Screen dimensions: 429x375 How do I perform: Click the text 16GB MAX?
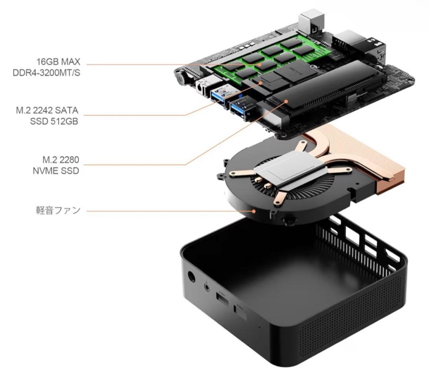tap(58, 62)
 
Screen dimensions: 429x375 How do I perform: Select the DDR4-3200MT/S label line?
tap(46, 73)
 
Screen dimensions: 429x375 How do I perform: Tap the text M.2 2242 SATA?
tap(47, 110)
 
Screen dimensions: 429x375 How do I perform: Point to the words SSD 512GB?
tap(54, 121)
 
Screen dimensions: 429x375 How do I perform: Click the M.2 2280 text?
tap(61, 159)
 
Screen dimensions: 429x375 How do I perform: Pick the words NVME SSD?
tap(56, 171)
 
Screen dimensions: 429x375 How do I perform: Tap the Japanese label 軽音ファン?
tap(58, 210)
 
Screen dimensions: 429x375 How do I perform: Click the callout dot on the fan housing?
tap(254, 211)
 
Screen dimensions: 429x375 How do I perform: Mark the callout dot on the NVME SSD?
tap(286, 101)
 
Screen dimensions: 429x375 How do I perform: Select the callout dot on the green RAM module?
tap(260, 64)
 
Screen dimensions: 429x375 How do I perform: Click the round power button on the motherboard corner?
tap(181, 78)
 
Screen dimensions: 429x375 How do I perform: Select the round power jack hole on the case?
tap(191, 277)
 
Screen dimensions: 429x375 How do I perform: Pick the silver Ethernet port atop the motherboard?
tap(311, 23)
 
